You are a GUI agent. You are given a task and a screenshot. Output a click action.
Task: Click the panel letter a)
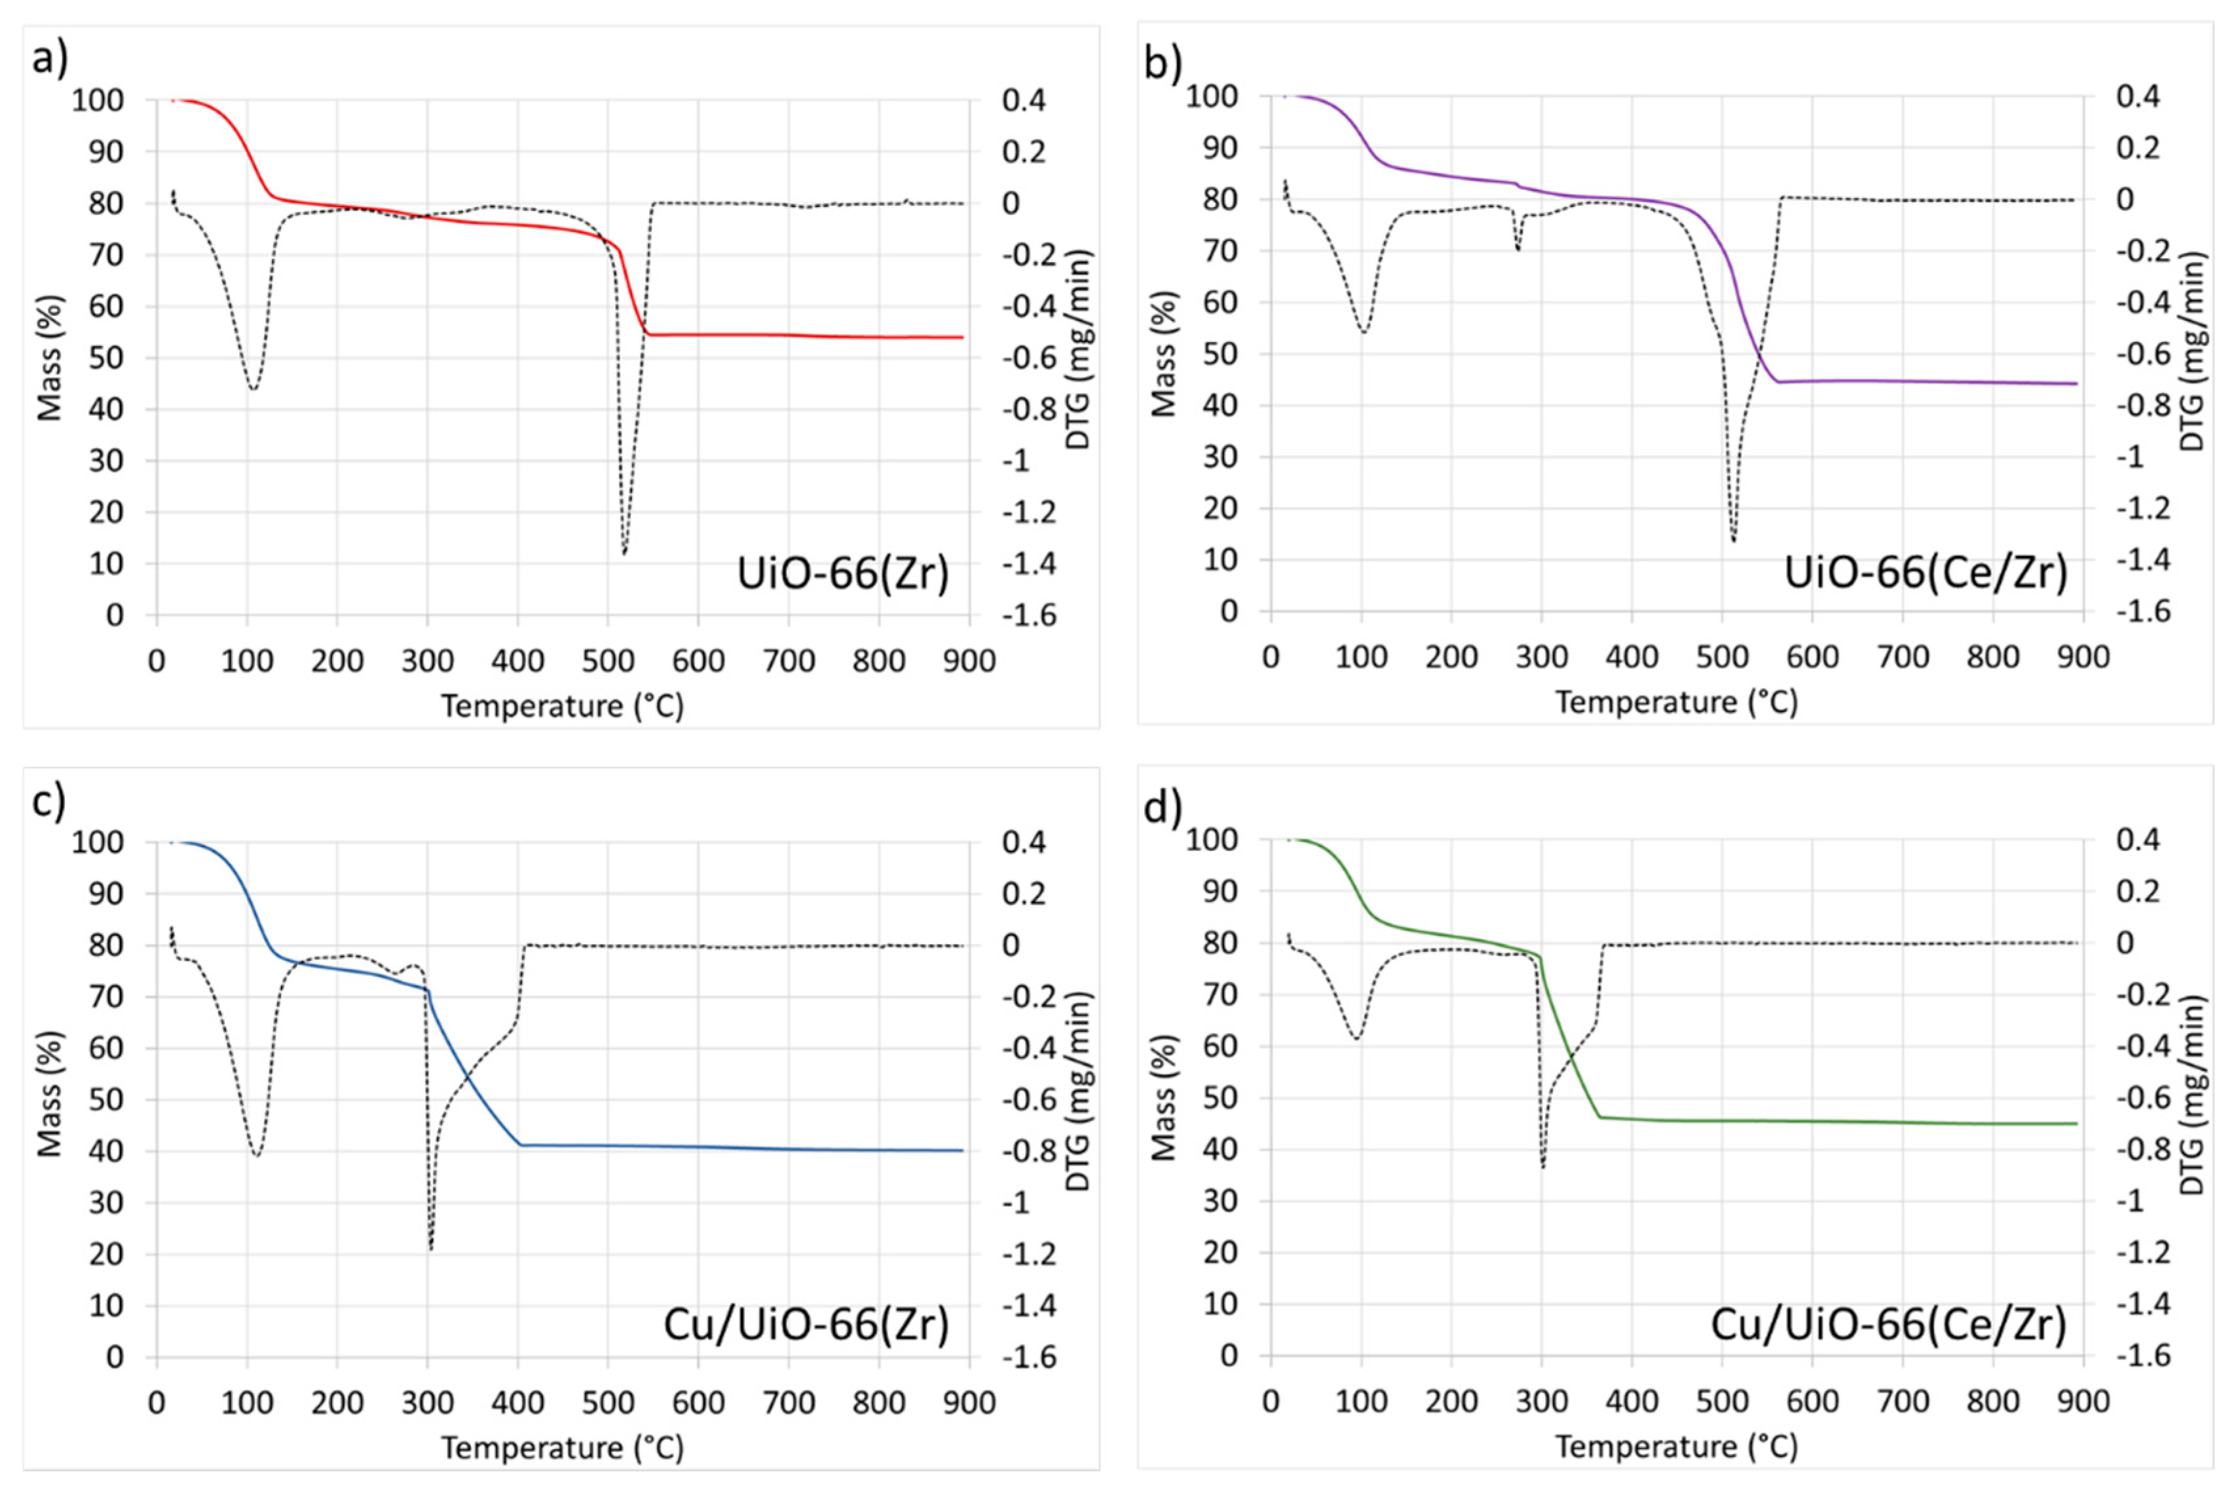click(x=50, y=59)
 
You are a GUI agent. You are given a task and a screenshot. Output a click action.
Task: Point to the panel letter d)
click(x=1163, y=808)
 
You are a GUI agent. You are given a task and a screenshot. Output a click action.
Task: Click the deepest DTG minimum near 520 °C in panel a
click(x=624, y=552)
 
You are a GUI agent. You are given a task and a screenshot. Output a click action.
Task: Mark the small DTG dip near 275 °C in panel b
click(x=1517, y=250)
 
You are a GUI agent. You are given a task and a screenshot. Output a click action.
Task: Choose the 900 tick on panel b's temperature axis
click(x=2083, y=657)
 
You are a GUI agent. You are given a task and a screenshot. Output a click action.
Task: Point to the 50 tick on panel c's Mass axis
click(x=106, y=1100)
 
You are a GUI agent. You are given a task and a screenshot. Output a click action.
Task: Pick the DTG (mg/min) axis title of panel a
click(x=1078, y=350)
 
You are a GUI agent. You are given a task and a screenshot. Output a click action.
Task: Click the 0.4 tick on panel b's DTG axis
click(x=2137, y=96)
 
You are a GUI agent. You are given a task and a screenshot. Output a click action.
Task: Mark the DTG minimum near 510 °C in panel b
click(x=1733, y=540)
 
